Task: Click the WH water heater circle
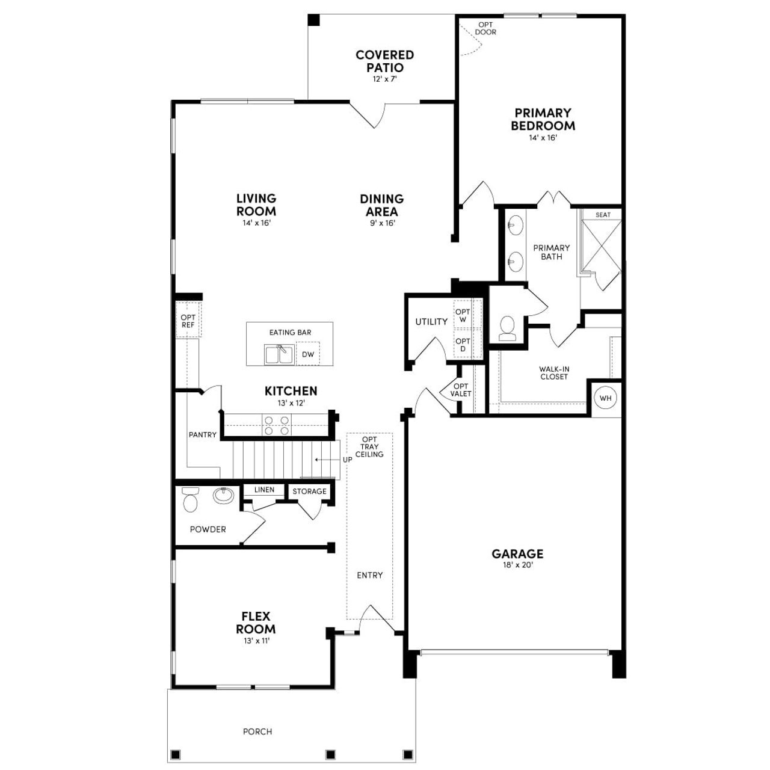[605, 398]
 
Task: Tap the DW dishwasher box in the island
[308, 354]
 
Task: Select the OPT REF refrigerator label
[188, 321]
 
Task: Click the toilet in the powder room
[190, 499]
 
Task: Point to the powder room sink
[223, 495]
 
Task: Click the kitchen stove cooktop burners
[277, 425]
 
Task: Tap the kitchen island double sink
[279, 354]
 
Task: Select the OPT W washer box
[463, 316]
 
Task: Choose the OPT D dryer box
[463, 345]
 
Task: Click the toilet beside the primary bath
[508, 328]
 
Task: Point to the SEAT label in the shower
[603, 215]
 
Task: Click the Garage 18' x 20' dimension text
[517, 565]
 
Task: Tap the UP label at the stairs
[347, 460]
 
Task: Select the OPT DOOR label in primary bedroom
[485, 28]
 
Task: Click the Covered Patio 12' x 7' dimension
[384, 79]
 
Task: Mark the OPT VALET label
[461, 390]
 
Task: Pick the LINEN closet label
[264, 490]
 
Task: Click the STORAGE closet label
[309, 491]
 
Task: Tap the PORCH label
[257, 731]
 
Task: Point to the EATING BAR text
[290, 332]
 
